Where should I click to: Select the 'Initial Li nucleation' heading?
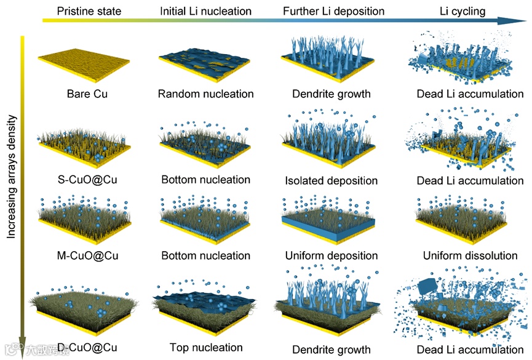(x=205, y=11)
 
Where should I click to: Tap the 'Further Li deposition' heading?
(x=333, y=11)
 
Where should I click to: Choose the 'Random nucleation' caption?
(x=205, y=94)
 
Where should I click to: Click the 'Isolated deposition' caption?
(x=331, y=181)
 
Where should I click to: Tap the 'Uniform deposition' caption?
(x=332, y=255)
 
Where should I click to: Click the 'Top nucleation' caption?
(x=205, y=347)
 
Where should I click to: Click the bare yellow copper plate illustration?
(x=84, y=62)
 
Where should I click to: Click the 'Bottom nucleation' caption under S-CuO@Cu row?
(x=205, y=180)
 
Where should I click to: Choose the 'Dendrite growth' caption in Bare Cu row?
(x=331, y=94)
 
